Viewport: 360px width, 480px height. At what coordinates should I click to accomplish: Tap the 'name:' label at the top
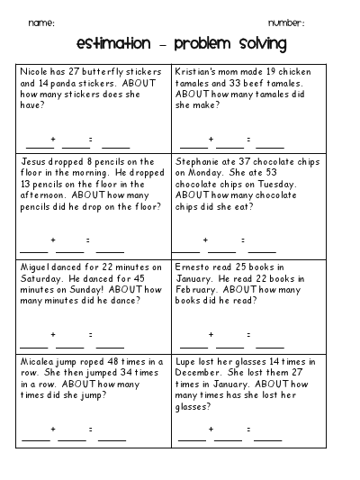[41, 22]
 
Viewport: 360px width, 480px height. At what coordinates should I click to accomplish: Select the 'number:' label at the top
[286, 22]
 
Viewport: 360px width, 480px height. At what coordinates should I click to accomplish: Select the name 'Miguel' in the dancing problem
[34, 267]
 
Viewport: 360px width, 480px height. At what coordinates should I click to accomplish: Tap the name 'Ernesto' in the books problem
[195, 267]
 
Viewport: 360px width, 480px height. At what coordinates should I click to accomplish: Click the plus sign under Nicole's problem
[54, 139]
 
